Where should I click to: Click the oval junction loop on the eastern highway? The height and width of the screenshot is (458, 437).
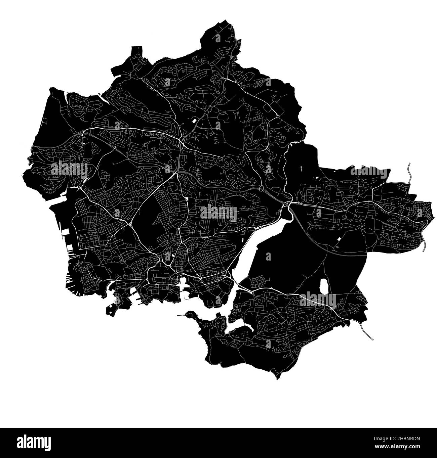[261, 189]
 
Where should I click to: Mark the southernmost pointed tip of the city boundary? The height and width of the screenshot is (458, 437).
[278, 379]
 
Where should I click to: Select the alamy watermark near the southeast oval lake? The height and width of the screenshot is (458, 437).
[317, 299]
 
